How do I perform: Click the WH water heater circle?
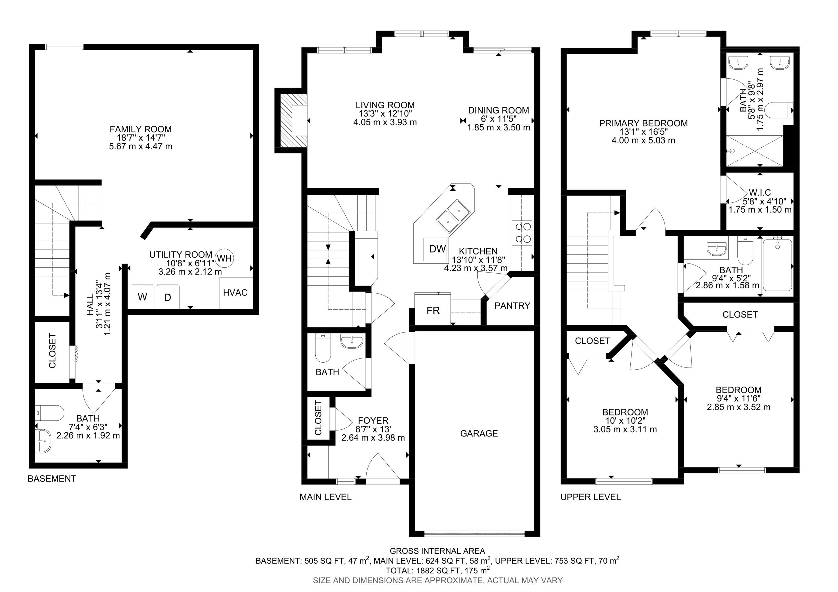click(224, 258)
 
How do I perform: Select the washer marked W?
click(143, 296)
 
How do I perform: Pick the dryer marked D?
click(167, 296)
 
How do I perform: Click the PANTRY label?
click(512, 306)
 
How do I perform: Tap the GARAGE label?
click(479, 433)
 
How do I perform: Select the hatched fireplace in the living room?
click(293, 120)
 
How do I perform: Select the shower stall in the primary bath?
click(755, 150)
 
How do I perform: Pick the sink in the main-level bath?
click(352, 341)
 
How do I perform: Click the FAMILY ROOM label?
click(140, 129)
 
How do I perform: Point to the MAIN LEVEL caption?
click(325, 497)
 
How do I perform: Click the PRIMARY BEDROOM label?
click(644, 123)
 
